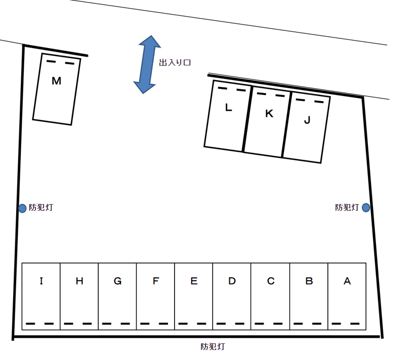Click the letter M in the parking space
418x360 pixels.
57,81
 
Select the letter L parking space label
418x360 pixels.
228,107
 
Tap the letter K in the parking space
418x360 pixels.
269,114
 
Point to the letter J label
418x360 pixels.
307,120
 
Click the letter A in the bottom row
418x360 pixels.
347,281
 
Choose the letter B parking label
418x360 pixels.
309,281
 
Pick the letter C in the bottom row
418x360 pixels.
271,281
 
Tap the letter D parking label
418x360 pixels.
232,281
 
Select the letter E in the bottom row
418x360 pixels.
194,281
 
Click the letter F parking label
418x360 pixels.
156,281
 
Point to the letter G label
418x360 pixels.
117,281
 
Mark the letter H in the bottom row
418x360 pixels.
79,281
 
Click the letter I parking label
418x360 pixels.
41,281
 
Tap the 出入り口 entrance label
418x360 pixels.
175,63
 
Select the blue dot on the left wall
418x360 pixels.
22,208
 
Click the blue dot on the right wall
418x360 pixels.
366,207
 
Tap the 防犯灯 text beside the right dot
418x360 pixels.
347,207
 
